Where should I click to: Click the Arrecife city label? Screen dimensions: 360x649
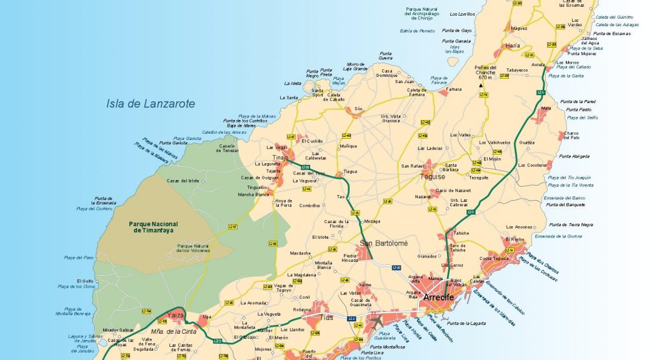[438, 297]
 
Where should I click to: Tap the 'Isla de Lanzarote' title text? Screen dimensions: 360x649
[150, 104]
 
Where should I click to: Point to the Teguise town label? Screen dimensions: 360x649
[432, 177]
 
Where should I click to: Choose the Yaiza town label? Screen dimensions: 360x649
[176, 315]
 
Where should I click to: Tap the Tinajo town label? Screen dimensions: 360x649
[279, 157]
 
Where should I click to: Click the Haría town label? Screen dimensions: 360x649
[513, 45]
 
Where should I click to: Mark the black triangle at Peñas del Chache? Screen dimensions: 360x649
[481, 85]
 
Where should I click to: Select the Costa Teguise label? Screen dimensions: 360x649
[494, 259]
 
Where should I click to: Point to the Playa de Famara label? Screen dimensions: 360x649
[439, 80]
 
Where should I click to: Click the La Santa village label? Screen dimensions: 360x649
[289, 97]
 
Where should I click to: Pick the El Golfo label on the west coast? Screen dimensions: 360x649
[86, 281]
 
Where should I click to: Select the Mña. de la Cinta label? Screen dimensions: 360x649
[174, 331]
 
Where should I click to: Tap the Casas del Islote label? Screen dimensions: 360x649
[183, 181]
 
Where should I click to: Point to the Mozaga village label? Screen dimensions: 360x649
[372, 221]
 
